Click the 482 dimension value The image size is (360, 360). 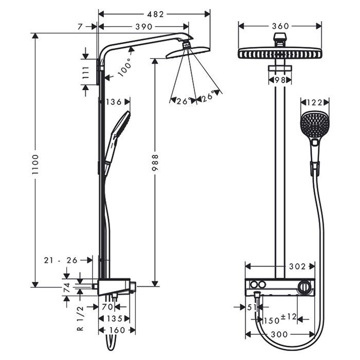pos(154,14)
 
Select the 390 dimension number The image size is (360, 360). pos(142,26)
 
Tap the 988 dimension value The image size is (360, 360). pos(155,164)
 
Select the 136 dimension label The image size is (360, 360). pos(114,102)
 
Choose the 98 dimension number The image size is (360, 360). pos(280,80)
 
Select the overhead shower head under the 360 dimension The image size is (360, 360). pos(280,53)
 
